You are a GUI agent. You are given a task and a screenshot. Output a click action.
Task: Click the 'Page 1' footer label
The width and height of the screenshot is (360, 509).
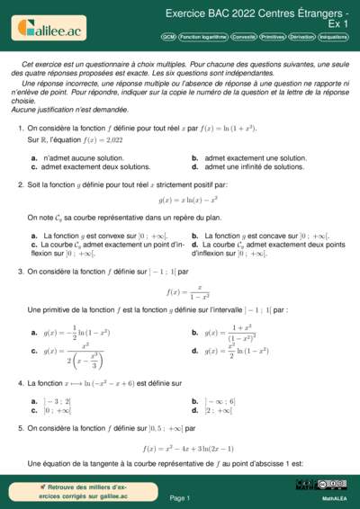179,497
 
